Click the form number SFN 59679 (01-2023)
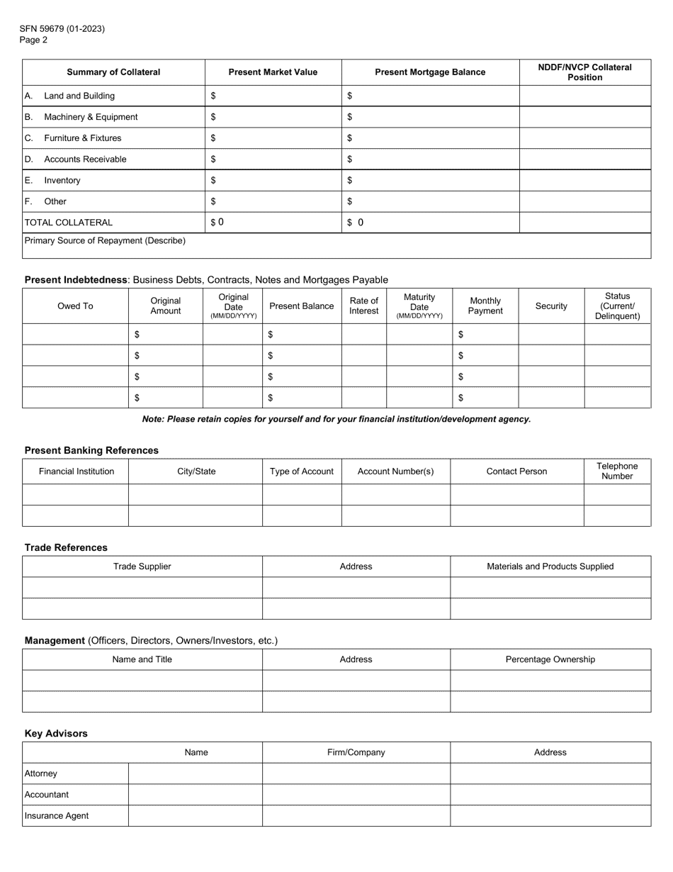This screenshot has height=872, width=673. coord(62,28)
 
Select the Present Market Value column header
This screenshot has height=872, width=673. coord(273,72)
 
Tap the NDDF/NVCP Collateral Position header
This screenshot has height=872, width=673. coord(584,72)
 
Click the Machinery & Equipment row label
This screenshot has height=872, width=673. coord(91,117)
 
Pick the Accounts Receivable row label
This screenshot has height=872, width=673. coord(85,160)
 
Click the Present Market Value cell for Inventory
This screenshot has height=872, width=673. coord(273,181)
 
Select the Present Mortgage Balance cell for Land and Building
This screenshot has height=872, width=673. coord(431,96)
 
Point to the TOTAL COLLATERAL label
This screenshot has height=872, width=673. coord(69,223)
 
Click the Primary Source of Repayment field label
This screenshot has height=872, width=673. coord(105,241)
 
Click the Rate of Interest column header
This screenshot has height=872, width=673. coord(364,306)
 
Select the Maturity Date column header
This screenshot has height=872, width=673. coord(419,306)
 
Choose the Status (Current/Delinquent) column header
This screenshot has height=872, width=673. coord(617,306)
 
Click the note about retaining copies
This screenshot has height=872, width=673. coord(336,419)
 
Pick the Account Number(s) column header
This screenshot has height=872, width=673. coord(395,471)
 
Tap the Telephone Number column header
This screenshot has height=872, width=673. coord(617,471)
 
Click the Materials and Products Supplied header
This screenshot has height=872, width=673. coord(550,566)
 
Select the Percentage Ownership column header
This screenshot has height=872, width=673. coord(550,659)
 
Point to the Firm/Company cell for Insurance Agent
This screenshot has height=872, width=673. coord(356,816)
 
